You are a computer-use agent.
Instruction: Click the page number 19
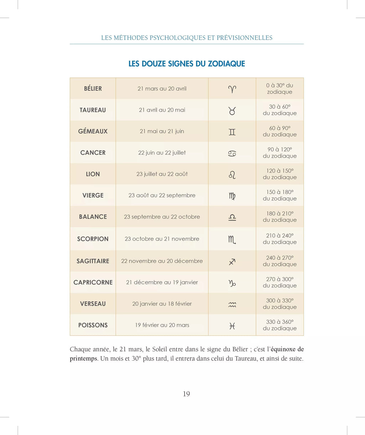[x=186, y=394]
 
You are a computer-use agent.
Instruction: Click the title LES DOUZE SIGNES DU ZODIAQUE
[x=186, y=64]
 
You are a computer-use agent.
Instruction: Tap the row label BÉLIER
[x=93, y=88]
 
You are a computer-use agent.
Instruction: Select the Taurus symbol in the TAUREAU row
[x=232, y=111]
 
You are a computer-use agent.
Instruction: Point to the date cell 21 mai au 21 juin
[x=162, y=131]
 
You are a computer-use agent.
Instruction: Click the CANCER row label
[x=93, y=153]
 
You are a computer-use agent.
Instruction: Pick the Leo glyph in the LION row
[x=232, y=175]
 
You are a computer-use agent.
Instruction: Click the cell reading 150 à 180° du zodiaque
[x=280, y=195]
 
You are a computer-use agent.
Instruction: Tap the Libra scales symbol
[x=232, y=217]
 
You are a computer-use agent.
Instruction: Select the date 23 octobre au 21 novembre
[x=162, y=239]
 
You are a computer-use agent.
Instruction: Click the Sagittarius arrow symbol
[x=232, y=262]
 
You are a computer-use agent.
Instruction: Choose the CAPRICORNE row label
[x=93, y=282]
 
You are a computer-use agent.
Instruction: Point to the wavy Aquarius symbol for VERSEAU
[x=232, y=304]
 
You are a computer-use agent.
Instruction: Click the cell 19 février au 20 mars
[x=162, y=325]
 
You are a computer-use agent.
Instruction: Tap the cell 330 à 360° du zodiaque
[x=280, y=325]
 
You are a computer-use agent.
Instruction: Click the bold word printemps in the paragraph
[x=83, y=359]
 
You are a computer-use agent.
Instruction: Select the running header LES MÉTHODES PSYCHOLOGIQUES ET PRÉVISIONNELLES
[x=186, y=38]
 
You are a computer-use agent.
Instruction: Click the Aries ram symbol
[x=232, y=89]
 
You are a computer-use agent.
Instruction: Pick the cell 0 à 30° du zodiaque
[x=280, y=88]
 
